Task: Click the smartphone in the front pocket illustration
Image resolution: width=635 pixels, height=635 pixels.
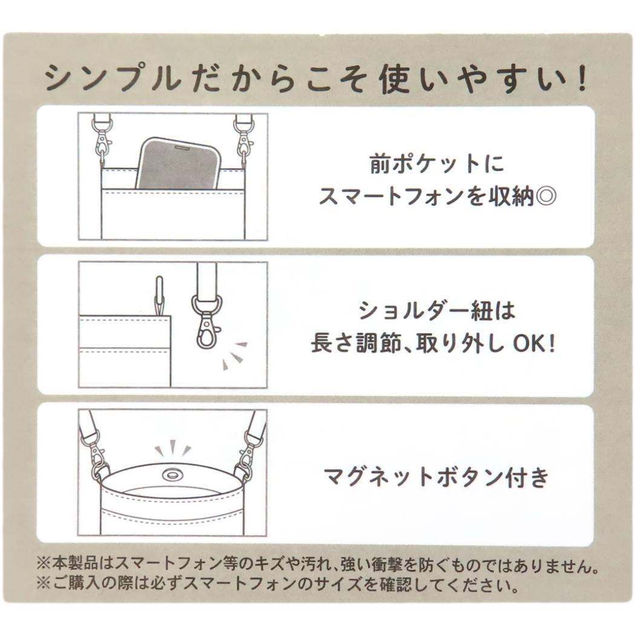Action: (x=178, y=164)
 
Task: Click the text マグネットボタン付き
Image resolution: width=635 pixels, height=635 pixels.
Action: (x=436, y=477)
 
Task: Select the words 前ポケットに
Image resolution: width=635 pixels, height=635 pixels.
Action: (x=437, y=164)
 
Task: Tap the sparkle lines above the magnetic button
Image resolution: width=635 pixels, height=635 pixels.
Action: (x=173, y=448)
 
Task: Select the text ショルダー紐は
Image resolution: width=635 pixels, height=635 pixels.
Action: (x=437, y=311)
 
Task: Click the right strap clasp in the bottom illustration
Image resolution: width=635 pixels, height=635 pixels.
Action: (x=249, y=453)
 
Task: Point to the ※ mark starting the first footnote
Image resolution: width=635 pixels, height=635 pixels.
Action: (x=43, y=564)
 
